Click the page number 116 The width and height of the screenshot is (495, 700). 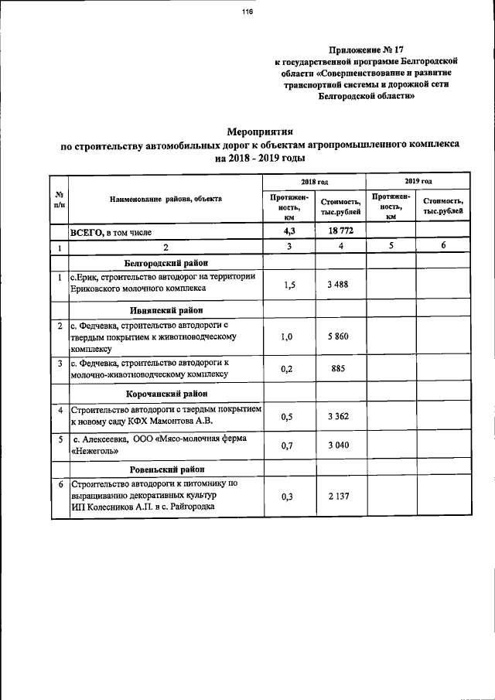tap(247, 12)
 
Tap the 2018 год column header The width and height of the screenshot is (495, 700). tap(314, 181)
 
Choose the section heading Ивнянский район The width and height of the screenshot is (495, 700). tap(166, 311)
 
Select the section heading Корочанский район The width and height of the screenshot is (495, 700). tap(166, 394)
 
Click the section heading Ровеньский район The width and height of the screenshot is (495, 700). tap(166, 470)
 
